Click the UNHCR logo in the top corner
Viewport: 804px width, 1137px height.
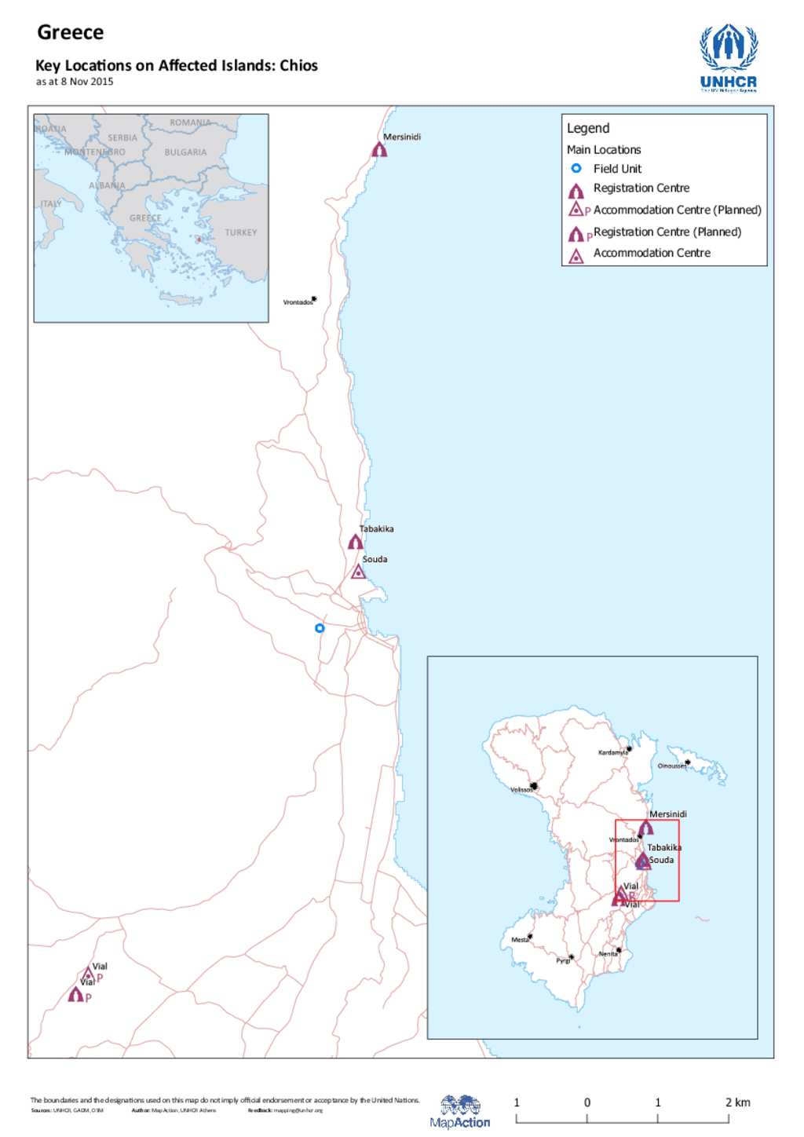tap(729, 58)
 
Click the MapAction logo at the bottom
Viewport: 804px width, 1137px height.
tap(460, 1112)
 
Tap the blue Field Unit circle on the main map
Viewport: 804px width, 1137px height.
tap(320, 628)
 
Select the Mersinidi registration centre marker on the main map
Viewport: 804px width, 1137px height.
tap(379, 148)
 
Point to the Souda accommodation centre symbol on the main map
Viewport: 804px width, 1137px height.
tap(358, 572)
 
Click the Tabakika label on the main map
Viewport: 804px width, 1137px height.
tap(377, 529)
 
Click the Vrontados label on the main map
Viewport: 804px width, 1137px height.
tap(298, 302)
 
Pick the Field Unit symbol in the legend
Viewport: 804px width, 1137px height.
tap(576, 168)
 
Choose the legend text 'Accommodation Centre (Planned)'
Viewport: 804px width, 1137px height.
tap(677, 210)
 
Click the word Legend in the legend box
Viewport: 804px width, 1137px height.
tap(588, 128)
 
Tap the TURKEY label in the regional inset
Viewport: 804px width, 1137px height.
tap(240, 232)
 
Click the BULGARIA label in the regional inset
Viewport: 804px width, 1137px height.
tap(185, 152)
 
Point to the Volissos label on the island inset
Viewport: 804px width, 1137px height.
tap(521, 790)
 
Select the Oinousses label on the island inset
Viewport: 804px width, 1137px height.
tap(671, 766)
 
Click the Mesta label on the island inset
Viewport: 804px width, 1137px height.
tap(520, 940)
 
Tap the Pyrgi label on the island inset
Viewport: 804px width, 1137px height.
tap(563, 960)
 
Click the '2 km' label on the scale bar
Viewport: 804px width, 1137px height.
tap(737, 1102)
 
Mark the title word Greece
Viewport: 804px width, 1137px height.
tap(71, 32)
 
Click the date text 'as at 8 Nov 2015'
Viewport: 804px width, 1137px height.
tap(75, 82)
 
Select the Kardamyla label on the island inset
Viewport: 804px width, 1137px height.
tap(612, 752)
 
